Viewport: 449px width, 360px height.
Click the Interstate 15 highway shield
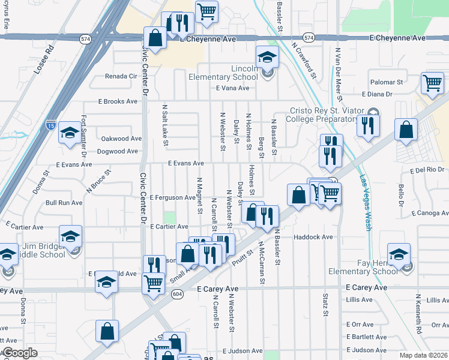[51, 125]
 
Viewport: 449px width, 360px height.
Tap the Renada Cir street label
[121, 76]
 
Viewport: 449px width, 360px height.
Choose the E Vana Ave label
[232, 88]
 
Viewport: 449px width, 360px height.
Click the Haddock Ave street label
[313, 237]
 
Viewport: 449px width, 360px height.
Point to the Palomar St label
[386, 82]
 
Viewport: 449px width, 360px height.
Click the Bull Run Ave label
[64, 203]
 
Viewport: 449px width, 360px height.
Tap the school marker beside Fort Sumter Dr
[70, 132]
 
